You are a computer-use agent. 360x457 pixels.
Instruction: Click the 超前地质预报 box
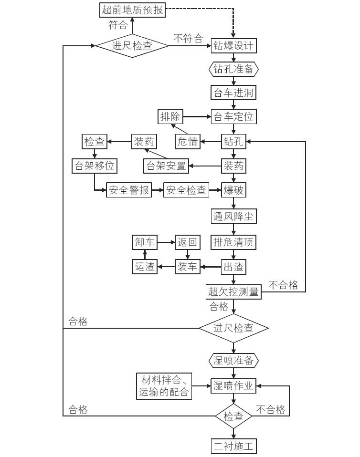[x=132, y=10]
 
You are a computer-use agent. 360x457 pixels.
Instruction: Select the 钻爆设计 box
[x=234, y=46]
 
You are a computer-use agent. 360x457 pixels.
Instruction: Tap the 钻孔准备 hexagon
[x=234, y=69]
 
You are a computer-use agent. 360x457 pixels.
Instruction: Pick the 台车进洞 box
[x=234, y=93]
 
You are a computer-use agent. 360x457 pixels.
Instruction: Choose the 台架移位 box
[x=94, y=166]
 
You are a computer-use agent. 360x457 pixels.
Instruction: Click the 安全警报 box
[x=128, y=190]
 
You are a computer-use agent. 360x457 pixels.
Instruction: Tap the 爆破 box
[x=234, y=190]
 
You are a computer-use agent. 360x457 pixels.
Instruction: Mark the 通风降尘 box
[x=234, y=217]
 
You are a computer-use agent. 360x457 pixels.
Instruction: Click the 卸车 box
[x=144, y=242]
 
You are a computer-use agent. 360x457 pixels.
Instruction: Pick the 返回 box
[x=187, y=242]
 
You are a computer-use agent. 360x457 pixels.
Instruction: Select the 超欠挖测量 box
[x=234, y=291]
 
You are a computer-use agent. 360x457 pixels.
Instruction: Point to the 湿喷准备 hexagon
[x=234, y=359]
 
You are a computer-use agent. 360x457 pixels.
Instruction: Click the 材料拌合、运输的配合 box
[x=164, y=386]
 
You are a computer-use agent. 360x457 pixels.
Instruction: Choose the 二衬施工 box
[x=234, y=447]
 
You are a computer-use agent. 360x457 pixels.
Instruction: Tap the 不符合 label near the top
[x=188, y=39]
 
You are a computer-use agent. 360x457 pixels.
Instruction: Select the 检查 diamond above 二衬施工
[x=234, y=416]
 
